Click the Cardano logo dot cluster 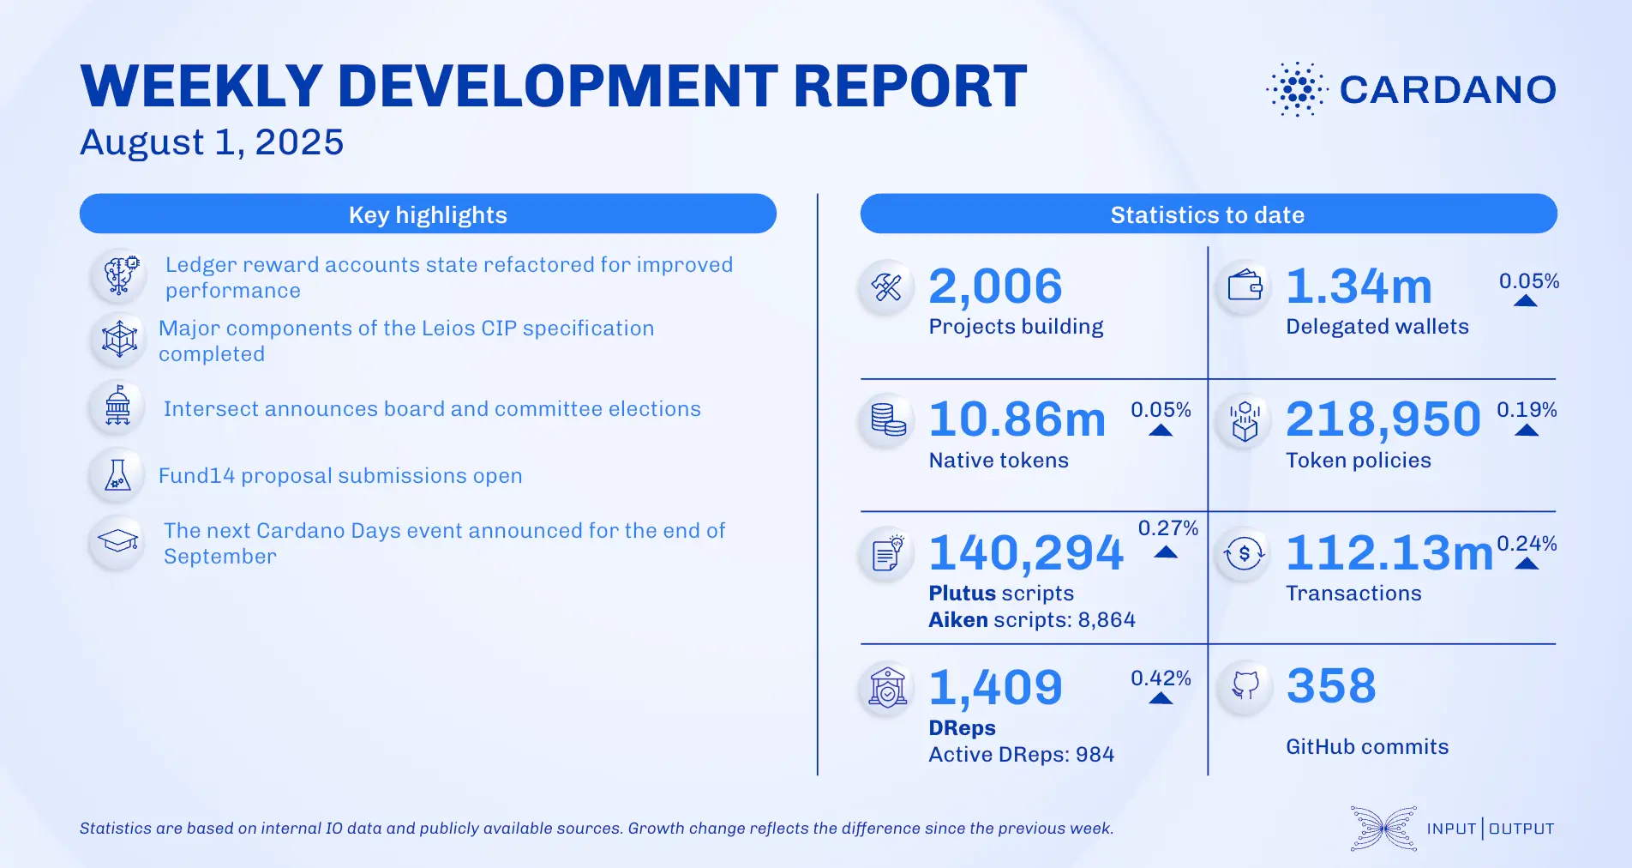(1297, 89)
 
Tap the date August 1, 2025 (212, 142)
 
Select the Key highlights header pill (428, 214)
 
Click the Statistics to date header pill (1208, 214)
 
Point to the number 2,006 (995, 286)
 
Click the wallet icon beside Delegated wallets (1245, 286)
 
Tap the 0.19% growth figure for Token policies (1527, 410)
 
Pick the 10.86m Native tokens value (1017, 419)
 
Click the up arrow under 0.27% (1166, 552)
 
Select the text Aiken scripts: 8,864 (1032, 620)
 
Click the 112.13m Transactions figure (1389, 552)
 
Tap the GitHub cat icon (1245, 685)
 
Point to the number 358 (1331, 686)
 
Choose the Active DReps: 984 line (1022, 755)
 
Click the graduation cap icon (118, 541)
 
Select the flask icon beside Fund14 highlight (118, 475)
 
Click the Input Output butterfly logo (1383, 829)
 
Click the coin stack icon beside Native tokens (888, 419)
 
